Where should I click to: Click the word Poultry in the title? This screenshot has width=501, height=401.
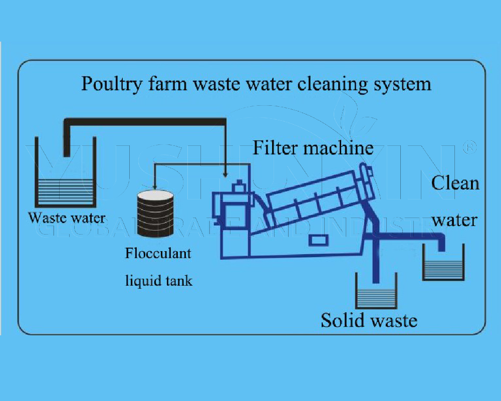pyautogui.click(x=112, y=84)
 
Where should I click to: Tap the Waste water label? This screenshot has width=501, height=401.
pyautogui.click(x=67, y=218)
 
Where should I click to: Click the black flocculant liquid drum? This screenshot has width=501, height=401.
pyautogui.click(x=155, y=214)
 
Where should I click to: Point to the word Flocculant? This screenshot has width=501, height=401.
pyautogui.click(x=158, y=253)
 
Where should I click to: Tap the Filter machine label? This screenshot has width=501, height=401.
pyautogui.click(x=313, y=148)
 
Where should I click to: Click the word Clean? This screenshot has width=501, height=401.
pyautogui.click(x=455, y=183)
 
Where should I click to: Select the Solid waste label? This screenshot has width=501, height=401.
pyautogui.click(x=369, y=320)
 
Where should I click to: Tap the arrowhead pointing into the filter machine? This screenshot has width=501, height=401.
pyautogui.click(x=225, y=175)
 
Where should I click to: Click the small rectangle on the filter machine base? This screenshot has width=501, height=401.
pyautogui.click(x=319, y=240)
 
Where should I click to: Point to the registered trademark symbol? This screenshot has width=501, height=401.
pyautogui.click(x=470, y=147)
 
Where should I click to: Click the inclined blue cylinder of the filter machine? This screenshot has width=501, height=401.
pyautogui.click(x=320, y=196)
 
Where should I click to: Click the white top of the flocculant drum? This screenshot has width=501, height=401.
pyautogui.click(x=155, y=195)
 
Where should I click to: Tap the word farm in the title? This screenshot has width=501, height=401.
pyautogui.click(x=168, y=84)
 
